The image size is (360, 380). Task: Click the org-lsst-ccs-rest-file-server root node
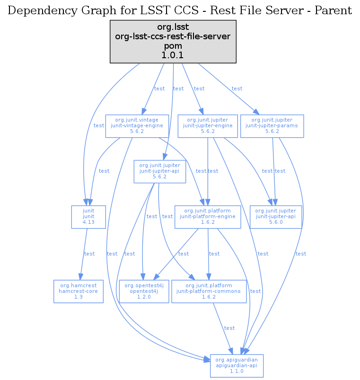coord(173,42)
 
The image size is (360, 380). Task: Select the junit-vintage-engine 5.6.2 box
coord(137,126)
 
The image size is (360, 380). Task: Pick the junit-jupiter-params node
coord(272,126)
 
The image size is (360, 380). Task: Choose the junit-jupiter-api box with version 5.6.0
coord(276,217)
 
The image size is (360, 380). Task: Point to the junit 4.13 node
coord(88,217)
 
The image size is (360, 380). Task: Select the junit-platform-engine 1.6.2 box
coord(208,217)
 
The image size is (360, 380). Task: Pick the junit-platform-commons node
coord(209,291)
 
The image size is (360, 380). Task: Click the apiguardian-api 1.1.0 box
coord(237,365)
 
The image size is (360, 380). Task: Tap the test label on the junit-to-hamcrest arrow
coord(89,254)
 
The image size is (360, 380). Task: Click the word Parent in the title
coord(335,10)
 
